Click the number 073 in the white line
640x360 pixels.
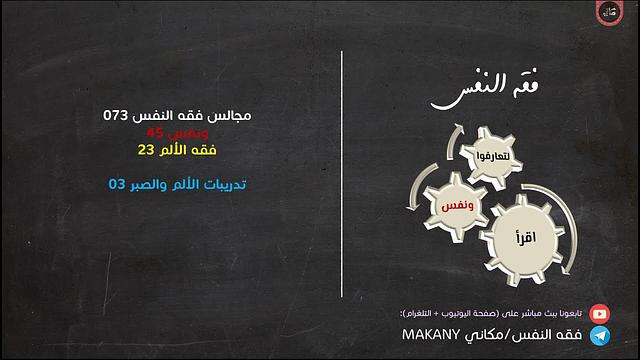(x=117, y=116)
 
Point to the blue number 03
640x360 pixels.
(x=117, y=184)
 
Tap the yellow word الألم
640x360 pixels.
(x=186, y=150)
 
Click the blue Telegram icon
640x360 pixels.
(x=599, y=333)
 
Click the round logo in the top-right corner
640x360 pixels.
(x=611, y=15)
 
